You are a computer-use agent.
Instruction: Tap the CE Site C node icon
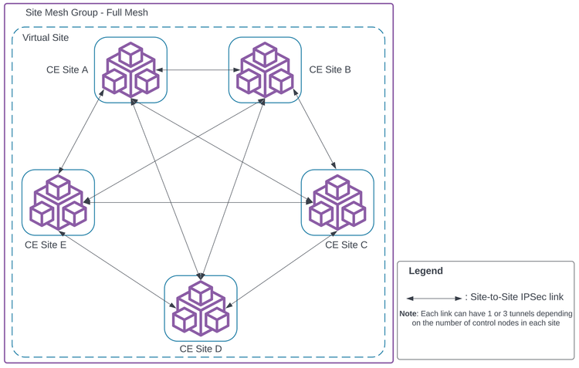[337, 201]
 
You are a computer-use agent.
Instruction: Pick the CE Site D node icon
[201, 308]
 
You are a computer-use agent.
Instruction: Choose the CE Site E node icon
[58, 201]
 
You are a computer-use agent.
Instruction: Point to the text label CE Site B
[330, 69]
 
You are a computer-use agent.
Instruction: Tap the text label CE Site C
[346, 245]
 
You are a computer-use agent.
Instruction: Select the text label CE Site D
[201, 349]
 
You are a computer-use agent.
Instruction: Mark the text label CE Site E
[46, 245]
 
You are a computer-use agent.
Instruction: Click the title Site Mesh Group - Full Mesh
[86, 13]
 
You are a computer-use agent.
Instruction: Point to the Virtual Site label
[46, 38]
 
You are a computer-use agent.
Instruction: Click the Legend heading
[425, 272]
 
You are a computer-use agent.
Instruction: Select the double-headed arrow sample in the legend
[433, 297]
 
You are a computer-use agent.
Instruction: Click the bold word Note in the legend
[408, 314]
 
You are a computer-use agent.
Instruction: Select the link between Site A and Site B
[198, 70]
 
